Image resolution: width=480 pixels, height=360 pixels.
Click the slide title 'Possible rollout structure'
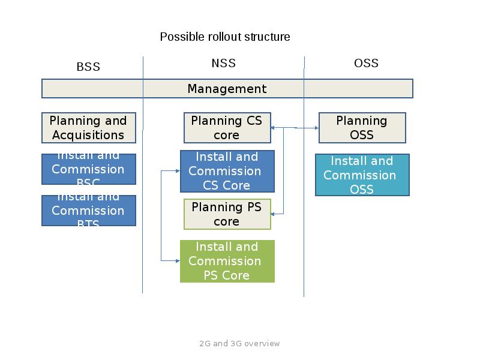[225, 37]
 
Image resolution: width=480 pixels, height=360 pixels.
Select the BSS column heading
[88, 67]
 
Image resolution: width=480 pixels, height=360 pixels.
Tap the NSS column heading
[224, 63]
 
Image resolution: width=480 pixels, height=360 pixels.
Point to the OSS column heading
[366, 63]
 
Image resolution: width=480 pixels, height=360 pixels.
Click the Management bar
[227, 89]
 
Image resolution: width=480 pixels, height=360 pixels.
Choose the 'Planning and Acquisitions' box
[88, 128]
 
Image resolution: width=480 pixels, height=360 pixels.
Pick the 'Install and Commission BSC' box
[88, 169]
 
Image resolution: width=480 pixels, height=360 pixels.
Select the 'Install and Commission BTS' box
[88, 211]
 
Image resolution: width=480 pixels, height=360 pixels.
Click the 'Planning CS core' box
[227, 128]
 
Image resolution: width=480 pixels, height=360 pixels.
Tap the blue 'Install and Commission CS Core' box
[227, 171]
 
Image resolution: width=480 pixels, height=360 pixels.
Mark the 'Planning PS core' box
[227, 214]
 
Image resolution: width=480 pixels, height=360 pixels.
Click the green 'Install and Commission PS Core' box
[227, 261]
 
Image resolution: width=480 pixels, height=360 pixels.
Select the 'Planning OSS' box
[362, 128]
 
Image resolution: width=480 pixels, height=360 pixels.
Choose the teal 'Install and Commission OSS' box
[362, 175]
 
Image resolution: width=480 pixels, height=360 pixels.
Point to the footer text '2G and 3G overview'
[239, 344]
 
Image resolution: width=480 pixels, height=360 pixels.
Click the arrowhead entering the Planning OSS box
[316, 128]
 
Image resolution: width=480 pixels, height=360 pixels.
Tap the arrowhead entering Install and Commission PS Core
[178, 260]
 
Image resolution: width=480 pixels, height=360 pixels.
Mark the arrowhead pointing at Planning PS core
[274, 214]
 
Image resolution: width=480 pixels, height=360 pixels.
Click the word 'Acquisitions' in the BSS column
[88, 135]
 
